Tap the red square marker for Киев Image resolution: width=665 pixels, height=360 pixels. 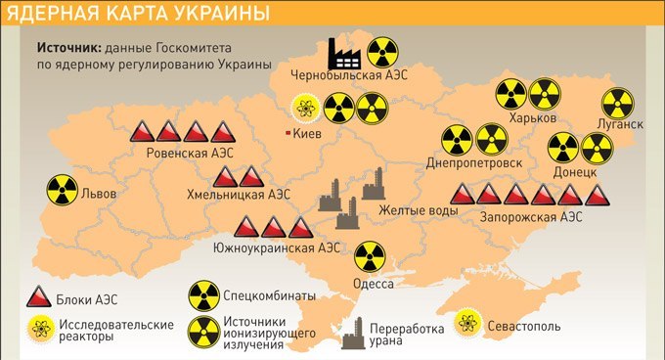tap(286, 132)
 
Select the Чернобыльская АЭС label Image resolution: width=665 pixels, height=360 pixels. tap(349, 75)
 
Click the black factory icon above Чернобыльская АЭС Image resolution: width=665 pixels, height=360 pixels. tap(344, 53)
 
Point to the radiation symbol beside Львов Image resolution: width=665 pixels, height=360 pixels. tap(62, 191)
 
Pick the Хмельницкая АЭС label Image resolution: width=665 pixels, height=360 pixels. tap(239, 196)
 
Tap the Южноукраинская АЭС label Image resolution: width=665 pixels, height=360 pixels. tap(277, 247)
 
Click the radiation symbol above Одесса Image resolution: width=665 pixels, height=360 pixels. tap(370, 257)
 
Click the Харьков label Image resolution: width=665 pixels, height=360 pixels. tap(533, 117)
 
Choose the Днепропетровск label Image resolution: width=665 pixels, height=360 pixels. tap(474, 162)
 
